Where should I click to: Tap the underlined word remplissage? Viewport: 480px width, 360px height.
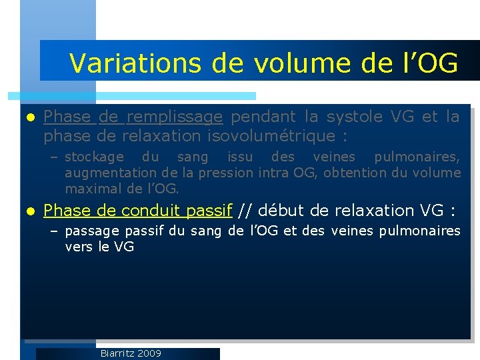tap(174, 117)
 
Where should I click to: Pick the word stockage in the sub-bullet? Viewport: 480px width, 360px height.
tap(94, 157)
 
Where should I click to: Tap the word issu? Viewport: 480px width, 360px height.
tap(240, 157)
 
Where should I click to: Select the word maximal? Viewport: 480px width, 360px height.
tap(90, 189)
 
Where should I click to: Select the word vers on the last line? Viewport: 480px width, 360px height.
tap(77, 247)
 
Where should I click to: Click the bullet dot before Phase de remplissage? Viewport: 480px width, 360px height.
tap(28, 117)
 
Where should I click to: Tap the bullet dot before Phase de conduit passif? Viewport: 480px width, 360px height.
tap(28, 211)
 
